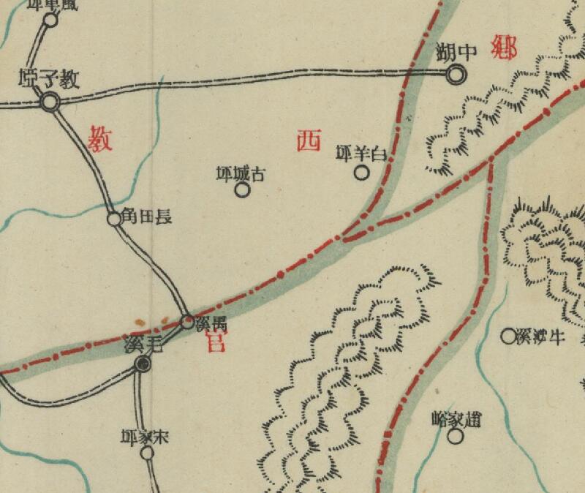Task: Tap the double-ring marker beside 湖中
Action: click(x=456, y=73)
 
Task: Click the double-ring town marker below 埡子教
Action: click(x=50, y=102)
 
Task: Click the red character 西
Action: click(x=309, y=140)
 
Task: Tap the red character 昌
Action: click(x=215, y=341)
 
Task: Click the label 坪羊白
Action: click(x=360, y=154)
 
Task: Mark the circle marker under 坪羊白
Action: click(x=361, y=173)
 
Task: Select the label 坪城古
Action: click(x=241, y=173)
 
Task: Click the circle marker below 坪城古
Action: click(x=242, y=190)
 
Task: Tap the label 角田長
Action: click(x=149, y=217)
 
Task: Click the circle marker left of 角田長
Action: click(x=114, y=218)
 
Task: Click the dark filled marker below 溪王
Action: click(x=144, y=363)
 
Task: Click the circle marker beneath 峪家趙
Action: click(x=456, y=437)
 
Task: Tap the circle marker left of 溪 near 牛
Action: click(x=507, y=336)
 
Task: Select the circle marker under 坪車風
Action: click(x=50, y=20)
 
